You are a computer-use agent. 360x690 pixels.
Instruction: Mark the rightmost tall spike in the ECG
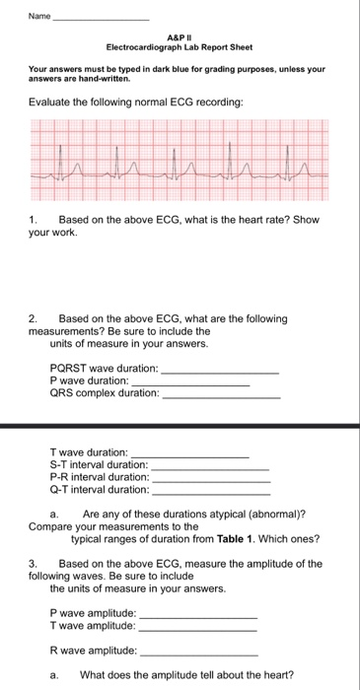pyautogui.click(x=288, y=153)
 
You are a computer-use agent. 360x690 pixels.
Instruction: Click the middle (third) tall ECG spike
pyautogui.click(x=176, y=153)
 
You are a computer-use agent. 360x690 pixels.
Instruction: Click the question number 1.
pyautogui.click(x=33, y=219)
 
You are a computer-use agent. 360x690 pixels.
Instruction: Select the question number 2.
pyautogui.click(x=33, y=319)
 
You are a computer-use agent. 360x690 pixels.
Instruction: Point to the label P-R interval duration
pyautogui.click(x=100, y=477)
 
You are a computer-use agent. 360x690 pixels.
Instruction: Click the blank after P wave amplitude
pyautogui.click(x=198, y=613)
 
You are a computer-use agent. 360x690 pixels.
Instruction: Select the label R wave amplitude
pyautogui.click(x=94, y=651)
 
